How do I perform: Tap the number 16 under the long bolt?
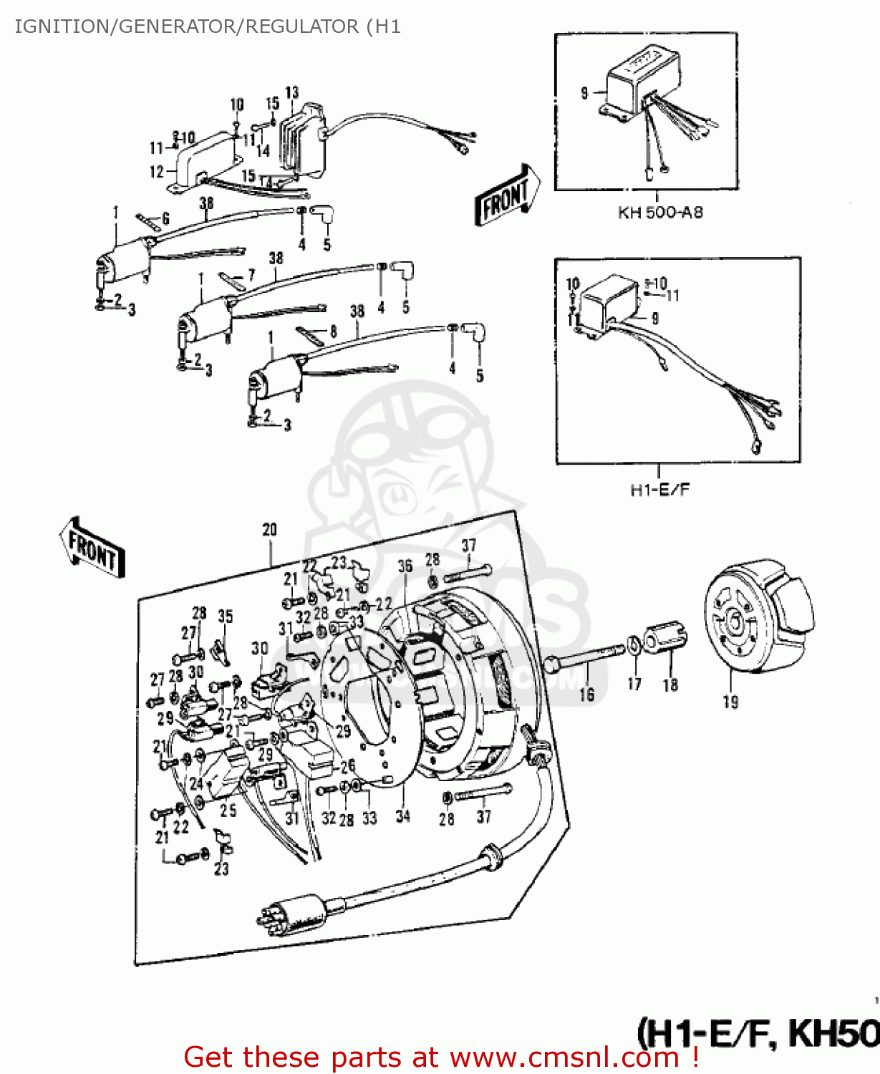coord(586,694)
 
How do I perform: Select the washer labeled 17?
coord(634,645)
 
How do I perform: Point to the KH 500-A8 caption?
coord(659,213)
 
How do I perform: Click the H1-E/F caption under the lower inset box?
coord(659,490)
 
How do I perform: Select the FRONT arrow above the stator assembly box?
coord(92,548)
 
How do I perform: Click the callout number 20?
coord(269,530)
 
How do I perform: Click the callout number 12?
coord(156,172)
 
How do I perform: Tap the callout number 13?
coord(291,92)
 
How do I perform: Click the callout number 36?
coord(405,566)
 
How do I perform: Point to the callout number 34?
coord(402,816)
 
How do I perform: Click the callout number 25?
coord(228,811)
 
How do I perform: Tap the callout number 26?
coord(347,767)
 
